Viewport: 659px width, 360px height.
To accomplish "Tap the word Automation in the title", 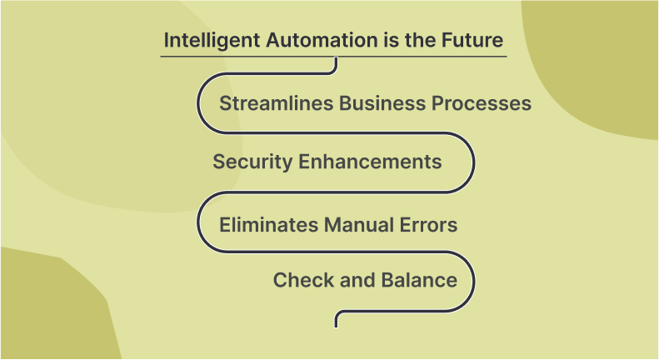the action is [x=322, y=40].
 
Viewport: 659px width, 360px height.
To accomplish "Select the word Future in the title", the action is [x=472, y=40].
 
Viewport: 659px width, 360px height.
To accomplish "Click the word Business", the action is [x=382, y=103].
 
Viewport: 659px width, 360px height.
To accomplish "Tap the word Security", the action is [x=252, y=162].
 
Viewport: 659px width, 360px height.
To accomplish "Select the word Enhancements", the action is [x=370, y=162].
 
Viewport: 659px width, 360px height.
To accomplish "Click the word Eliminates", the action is [x=268, y=225].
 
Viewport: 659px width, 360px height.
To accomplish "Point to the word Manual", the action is [x=358, y=225].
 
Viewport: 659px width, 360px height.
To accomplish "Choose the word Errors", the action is [x=428, y=225].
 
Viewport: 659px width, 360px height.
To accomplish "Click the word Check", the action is [x=303, y=280].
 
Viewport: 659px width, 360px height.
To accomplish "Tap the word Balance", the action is [x=419, y=280].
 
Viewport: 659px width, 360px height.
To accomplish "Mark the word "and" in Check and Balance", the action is [x=357, y=280].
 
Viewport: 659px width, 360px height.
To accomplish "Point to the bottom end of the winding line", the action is [x=336, y=327].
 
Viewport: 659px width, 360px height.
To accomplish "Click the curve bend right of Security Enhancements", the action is [x=474, y=162].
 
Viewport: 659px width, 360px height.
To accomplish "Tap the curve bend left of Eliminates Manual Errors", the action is [x=198, y=222].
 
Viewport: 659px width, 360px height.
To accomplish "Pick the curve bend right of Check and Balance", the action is [x=474, y=282].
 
